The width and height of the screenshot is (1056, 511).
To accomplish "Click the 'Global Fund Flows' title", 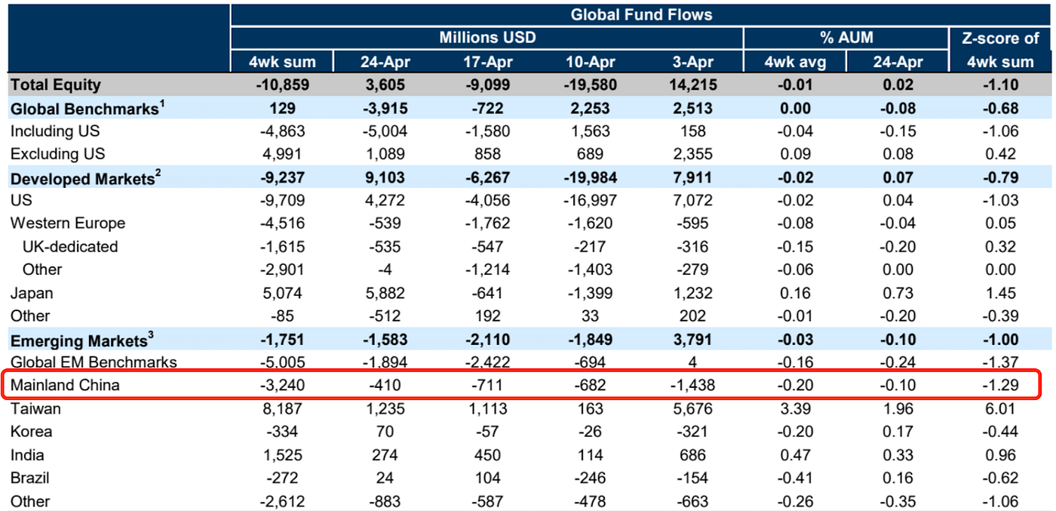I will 641,14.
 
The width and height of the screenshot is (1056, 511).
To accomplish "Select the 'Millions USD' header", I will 487,37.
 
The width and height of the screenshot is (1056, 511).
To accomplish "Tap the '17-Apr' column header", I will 487,62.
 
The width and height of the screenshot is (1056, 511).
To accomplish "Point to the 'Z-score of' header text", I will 1000,38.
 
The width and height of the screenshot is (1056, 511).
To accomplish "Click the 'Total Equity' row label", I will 55,85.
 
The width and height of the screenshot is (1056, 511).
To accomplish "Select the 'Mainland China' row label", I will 65,386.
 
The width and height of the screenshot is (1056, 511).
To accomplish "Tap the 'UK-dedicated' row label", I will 70,247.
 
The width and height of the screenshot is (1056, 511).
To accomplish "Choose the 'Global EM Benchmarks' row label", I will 94,362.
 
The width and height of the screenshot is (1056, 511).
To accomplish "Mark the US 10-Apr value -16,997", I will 589,201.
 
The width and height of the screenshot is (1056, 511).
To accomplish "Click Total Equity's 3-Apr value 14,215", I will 692,85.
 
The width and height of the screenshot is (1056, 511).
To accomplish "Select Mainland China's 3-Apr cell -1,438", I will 692,386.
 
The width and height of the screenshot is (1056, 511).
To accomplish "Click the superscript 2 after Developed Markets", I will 159,174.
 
